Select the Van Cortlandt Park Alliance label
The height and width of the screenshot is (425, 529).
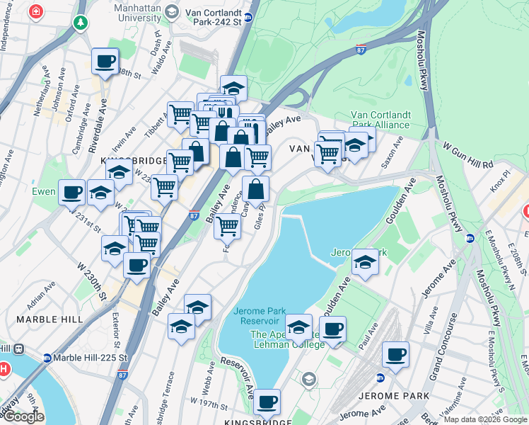pyautogui.click(x=380, y=120)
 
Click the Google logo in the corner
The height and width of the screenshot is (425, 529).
pyautogui.click(x=23, y=416)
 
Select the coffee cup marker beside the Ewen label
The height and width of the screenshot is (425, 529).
pyautogui.click(x=71, y=191)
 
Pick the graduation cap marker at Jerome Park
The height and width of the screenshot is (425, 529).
pyautogui.click(x=365, y=261)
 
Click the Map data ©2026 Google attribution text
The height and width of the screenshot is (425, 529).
pyautogui.click(x=484, y=419)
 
